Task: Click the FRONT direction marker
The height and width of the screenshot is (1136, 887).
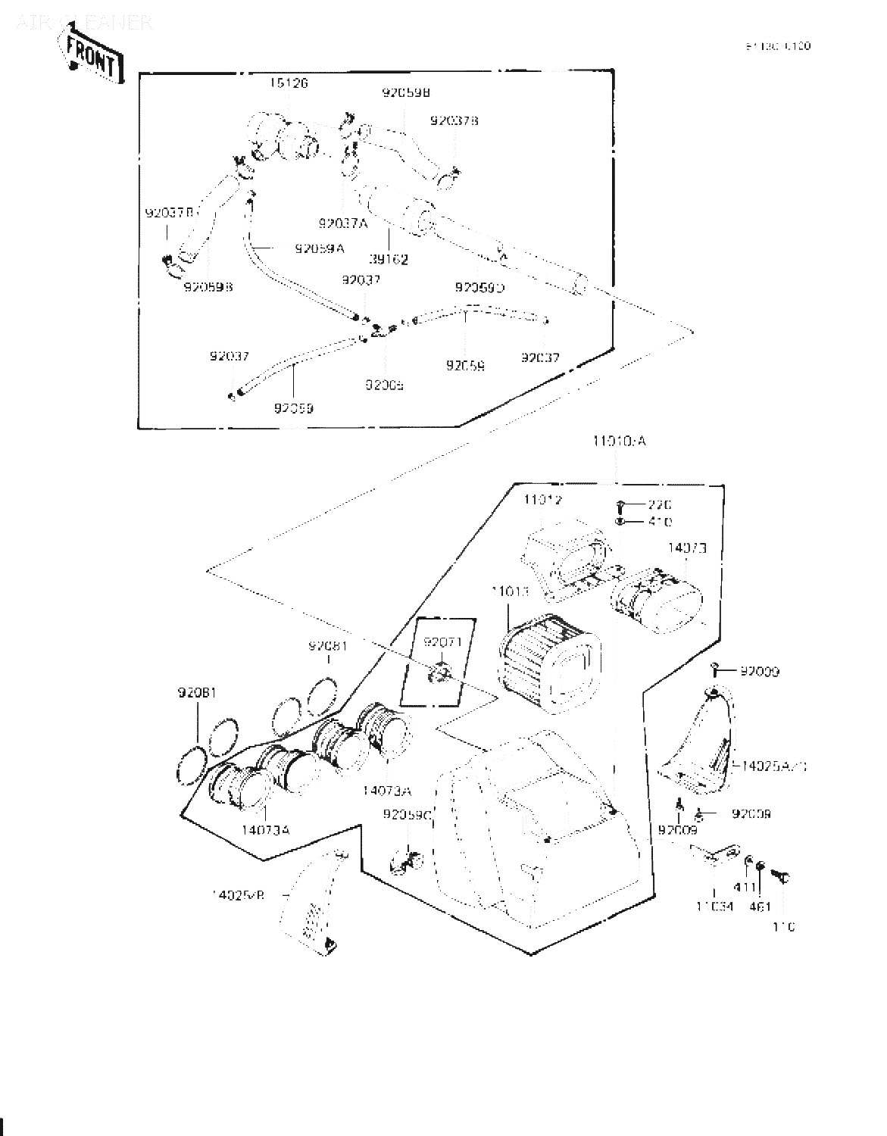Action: point(91,58)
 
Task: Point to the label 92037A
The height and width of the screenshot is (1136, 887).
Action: point(342,223)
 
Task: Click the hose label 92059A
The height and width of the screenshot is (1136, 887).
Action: point(320,248)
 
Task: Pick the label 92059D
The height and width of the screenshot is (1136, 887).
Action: point(479,288)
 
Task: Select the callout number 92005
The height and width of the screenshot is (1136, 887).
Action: point(384,385)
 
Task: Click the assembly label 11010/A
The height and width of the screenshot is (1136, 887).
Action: point(618,441)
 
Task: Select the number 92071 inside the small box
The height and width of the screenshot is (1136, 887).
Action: point(442,642)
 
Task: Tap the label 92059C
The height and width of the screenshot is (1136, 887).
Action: point(407,815)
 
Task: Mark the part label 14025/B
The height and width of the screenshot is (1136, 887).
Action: point(237,894)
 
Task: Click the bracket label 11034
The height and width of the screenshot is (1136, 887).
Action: point(715,906)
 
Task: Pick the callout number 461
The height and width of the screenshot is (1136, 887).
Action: point(759,906)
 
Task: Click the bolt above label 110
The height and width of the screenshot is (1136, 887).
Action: point(780,876)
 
